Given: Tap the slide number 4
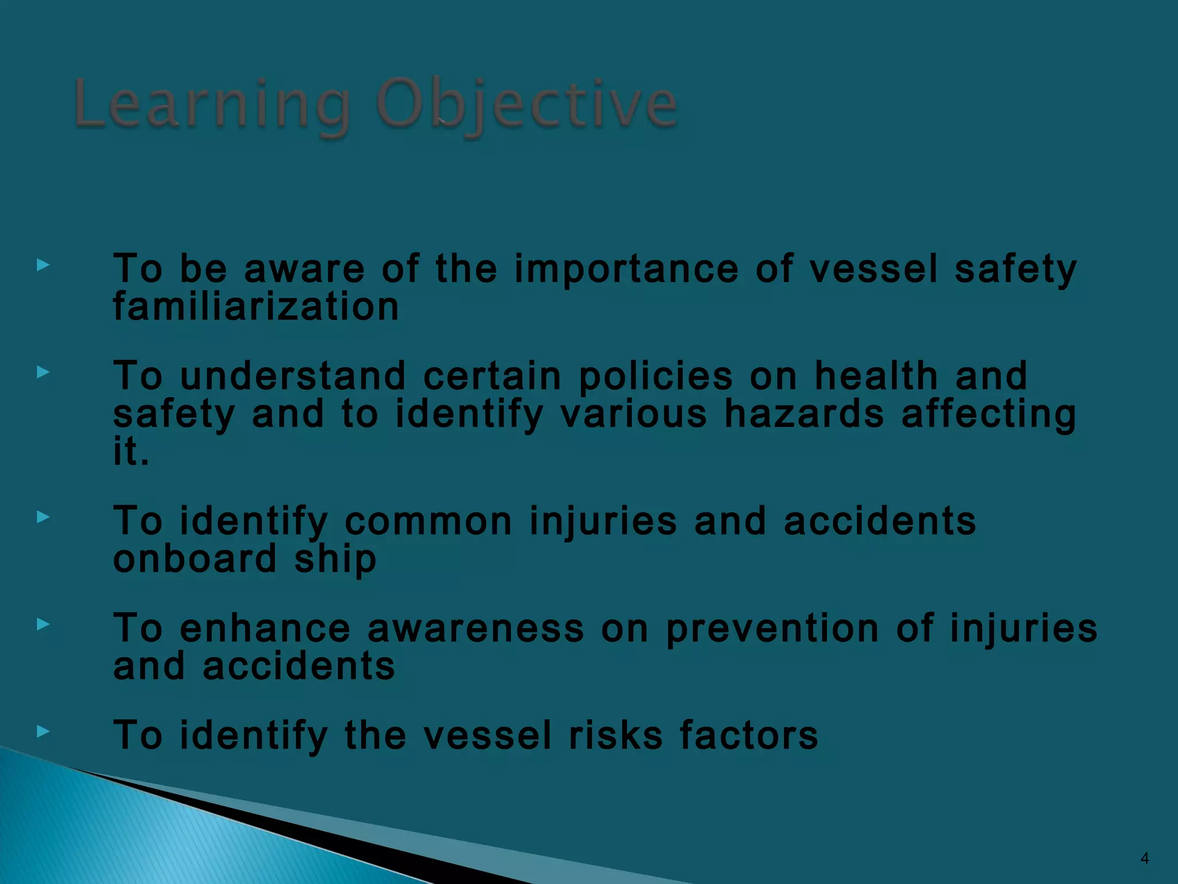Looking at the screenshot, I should click(x=1145, y=858).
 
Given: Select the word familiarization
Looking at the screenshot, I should click(x=256, y=306).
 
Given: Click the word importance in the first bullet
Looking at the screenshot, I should click(x=626, y=269).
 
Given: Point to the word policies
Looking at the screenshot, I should click(x=656, y=376).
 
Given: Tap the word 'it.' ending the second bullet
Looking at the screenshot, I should click(x=131, y=451).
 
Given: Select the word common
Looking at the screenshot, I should click(x=428, y=521).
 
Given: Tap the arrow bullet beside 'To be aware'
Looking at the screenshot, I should click(x=43, y=265).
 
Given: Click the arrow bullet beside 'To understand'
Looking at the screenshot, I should click(x=43, y=372).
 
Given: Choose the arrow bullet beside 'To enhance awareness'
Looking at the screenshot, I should click(x=43, y=624).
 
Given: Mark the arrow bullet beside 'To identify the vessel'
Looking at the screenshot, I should click(x=43, y=731).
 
